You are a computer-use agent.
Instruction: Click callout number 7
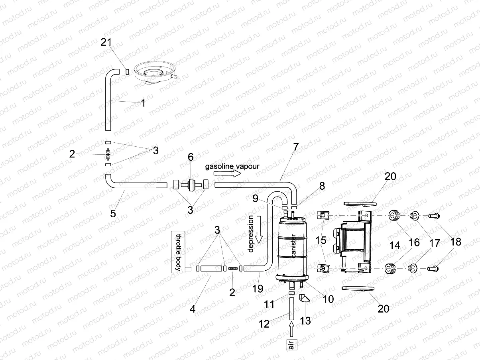(x=295, y=146)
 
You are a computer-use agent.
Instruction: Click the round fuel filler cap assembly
(x=154, y=72)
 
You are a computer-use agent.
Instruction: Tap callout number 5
(x=113, y=213)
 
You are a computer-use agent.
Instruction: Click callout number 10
(x=328, y=298)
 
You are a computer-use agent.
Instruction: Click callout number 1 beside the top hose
(x=143, y=102)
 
